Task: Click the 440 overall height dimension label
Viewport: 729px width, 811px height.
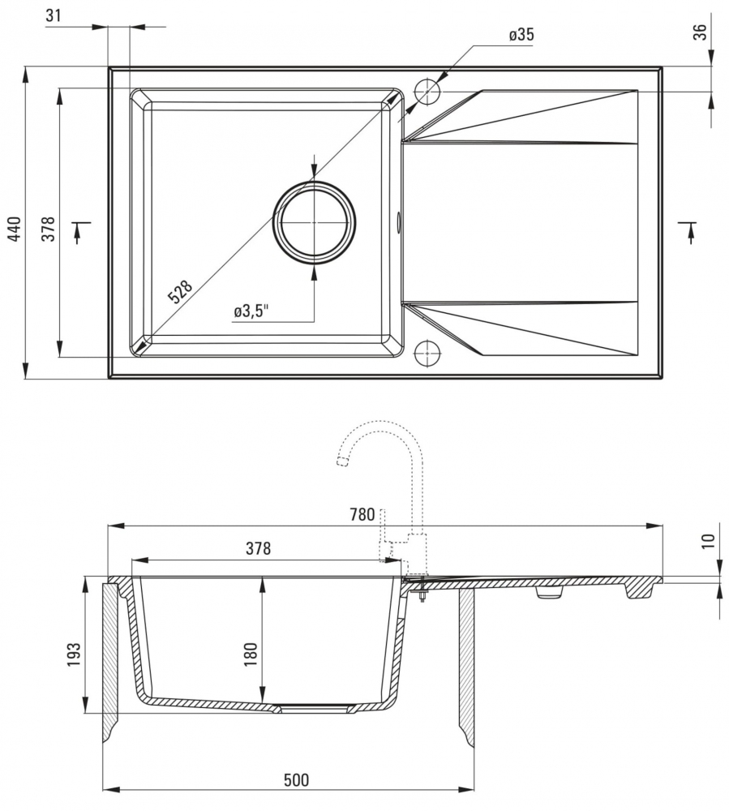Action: (15, 228)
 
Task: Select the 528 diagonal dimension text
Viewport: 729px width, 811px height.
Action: (181, 292)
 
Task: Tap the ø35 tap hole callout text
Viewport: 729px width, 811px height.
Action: (521, 35)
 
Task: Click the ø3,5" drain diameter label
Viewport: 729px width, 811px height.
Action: (251, 311)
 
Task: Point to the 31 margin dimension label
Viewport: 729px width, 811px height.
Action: (54, 15)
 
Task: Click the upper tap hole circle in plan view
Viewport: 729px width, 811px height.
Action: (427, 92)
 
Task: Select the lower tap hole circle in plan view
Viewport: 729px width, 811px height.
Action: (427, 353)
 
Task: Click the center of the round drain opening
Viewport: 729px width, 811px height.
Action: (315, 223)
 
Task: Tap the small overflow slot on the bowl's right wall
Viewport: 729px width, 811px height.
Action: (398, 222)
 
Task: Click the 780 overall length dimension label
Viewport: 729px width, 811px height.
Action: (362, 515)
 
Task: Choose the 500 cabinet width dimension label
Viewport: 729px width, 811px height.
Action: (296, 779)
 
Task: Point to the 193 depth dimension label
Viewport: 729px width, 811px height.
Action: (74, 654)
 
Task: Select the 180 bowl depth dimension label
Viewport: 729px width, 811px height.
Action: (251, 654)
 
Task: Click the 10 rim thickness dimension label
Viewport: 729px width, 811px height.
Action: (708, 540)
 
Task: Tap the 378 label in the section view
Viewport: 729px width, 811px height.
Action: (258, 548)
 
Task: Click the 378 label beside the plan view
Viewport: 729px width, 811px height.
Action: (48, 229)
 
